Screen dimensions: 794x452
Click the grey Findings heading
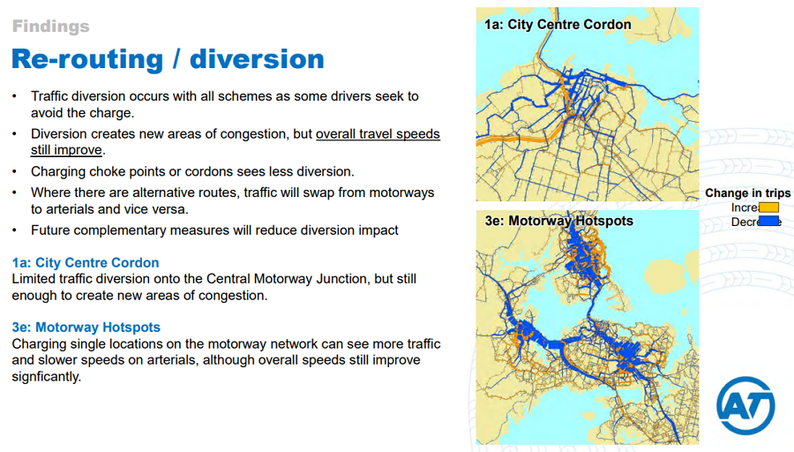[50, 26]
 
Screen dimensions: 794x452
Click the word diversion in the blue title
[257, 59]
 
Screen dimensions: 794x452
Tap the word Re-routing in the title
[87, 60]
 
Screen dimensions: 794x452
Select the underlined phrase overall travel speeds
[378, 134]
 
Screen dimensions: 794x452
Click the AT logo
[745, 405]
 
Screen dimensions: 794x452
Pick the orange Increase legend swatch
[768, 207]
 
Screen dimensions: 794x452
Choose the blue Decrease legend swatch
[768, 221]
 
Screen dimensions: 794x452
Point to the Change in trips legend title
[747, 193]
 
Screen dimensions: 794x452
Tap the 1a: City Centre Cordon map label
[558, 25]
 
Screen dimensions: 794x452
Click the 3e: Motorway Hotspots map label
[559, 221]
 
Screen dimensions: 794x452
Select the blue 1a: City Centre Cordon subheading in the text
[86, 262]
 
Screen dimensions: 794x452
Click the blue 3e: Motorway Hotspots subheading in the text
[86, 328]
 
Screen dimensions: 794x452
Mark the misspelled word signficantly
[47, 376]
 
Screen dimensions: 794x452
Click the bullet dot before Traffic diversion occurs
[15, 96]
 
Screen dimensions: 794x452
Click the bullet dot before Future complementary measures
[15, 230]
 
